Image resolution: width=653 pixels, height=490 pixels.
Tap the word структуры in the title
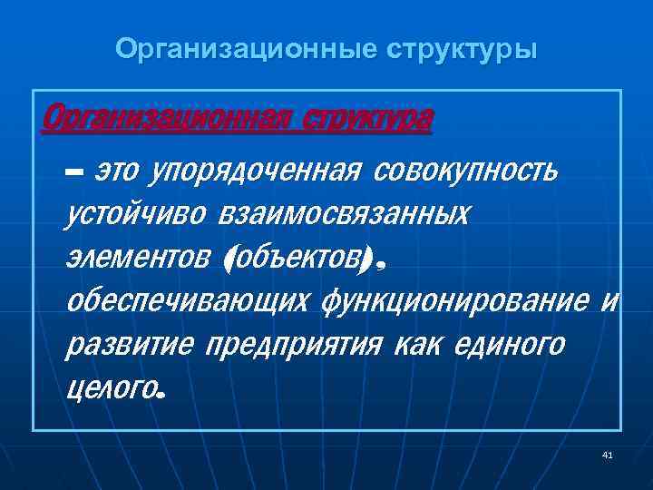click(463, 48)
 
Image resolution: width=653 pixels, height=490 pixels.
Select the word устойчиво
click(136, 215)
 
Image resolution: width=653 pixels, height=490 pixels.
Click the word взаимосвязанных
click(345, 215)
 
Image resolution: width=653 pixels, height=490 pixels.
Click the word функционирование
click(455, 302)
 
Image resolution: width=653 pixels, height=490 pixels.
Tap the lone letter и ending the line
click(609, 302)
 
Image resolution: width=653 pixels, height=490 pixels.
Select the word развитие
click(129, 346)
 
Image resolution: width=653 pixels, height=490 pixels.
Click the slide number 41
click(607, 454)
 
